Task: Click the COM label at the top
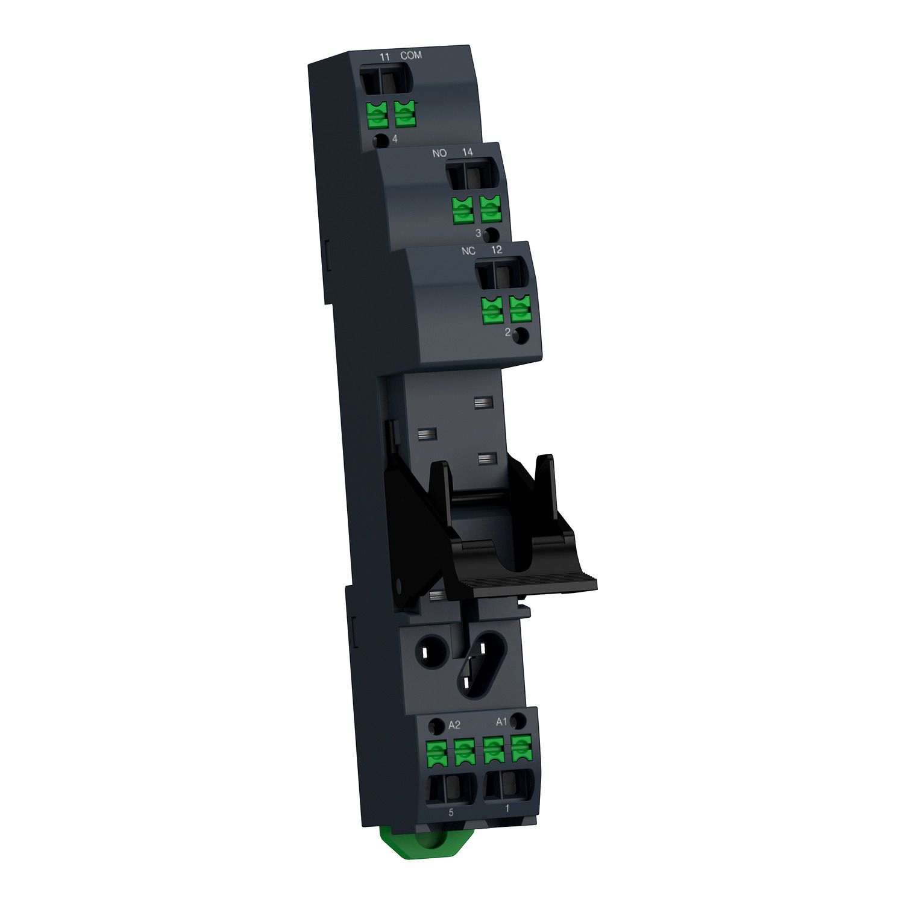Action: pos(411,55)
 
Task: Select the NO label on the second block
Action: pos(439,153)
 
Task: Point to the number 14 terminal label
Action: pos(468,152)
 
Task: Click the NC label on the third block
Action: pos(468,251)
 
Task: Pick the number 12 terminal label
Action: pos(497,250)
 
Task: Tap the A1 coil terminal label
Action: pos(501,721)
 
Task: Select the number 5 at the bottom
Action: pos(451,812)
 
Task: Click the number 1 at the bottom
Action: pos(507,808)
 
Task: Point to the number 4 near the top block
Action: pos(395,139)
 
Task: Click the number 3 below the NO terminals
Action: pos(479,233)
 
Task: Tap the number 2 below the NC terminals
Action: pos(507,332)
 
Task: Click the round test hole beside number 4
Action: pos(380,142)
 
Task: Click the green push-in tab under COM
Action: pos(406,114)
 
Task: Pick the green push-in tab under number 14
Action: pos(491,209)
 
